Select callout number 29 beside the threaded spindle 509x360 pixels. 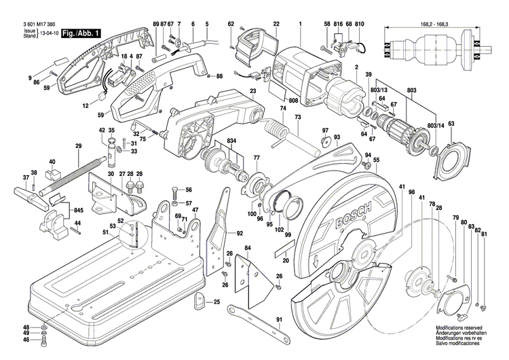(78, 147)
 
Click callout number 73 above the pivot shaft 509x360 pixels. (297, 117)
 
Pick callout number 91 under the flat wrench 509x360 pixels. (279, 319)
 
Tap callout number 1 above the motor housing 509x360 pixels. (299, 24)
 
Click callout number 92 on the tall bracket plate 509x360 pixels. (240, 233)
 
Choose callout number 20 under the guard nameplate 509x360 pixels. (286, 260)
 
